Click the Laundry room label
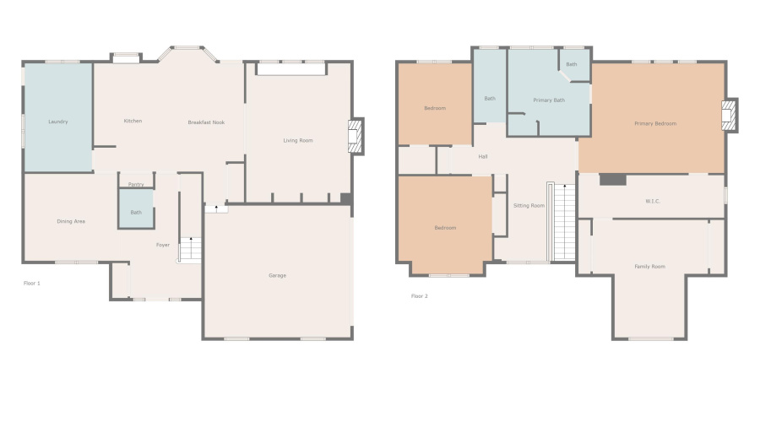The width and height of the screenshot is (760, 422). (57, 122)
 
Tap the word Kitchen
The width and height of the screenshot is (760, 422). (133, 121)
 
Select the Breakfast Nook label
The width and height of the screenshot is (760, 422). (205, 122)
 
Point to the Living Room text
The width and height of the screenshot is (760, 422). (297, 140)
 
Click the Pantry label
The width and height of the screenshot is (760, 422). (136, 184)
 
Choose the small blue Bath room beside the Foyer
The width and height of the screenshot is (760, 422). (136, 212)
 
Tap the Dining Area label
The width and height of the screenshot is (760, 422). (71, 221)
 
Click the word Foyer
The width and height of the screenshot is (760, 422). (163, 245)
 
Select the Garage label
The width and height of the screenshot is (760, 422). (277, 275)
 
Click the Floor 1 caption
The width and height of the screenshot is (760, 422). (31, 283)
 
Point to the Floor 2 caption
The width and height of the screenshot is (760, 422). (419, 296)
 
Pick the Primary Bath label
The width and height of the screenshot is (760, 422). (548, 100)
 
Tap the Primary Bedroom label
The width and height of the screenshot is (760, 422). (655, 123)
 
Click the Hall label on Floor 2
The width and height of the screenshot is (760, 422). (483, 156)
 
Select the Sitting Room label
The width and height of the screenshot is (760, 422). (529, 205)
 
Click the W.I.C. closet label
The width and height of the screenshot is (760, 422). (652, 201)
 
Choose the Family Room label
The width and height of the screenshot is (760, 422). (649, 266)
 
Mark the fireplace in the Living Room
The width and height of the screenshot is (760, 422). (356, 135)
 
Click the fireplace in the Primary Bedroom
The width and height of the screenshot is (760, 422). (729, 115)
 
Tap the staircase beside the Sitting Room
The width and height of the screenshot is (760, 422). (562, 222)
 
